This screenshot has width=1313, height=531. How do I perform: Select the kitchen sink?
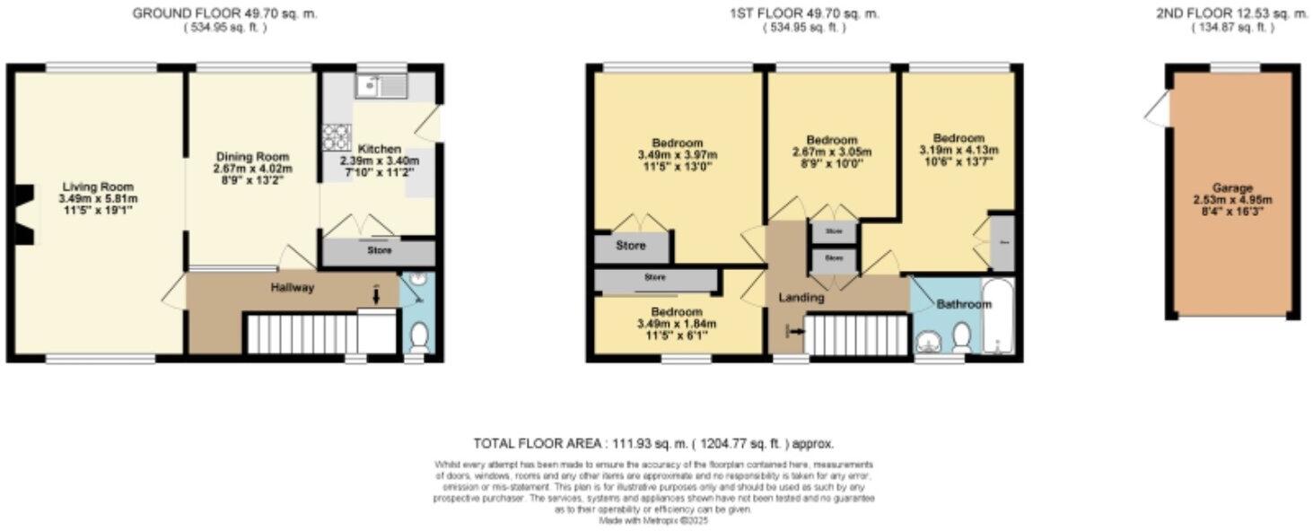381,86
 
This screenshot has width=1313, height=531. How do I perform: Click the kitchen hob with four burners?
336,138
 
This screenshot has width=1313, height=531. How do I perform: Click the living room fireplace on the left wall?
24,214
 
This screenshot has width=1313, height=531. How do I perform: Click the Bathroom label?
964,305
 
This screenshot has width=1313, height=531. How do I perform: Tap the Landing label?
801,297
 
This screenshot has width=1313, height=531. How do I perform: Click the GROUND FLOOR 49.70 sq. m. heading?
224,13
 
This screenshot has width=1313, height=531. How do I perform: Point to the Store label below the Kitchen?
379,251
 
